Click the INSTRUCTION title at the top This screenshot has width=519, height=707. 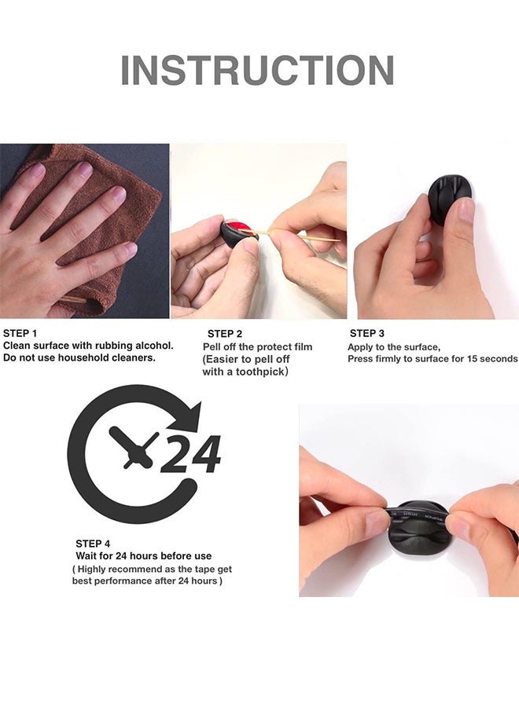pos(257,70)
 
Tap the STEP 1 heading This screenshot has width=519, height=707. pos(20,333)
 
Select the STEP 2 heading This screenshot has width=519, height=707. pos(225,334)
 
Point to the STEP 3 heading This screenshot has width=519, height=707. pos(367,333)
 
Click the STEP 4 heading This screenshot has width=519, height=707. pos(93,544)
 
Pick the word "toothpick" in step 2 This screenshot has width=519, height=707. pos(261,372)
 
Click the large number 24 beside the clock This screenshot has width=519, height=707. pos(191,454)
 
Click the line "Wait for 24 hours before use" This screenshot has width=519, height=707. pos(144,555)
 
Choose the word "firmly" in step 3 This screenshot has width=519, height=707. pos(389,358)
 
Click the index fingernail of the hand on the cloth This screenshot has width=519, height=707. pos(83,168)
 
